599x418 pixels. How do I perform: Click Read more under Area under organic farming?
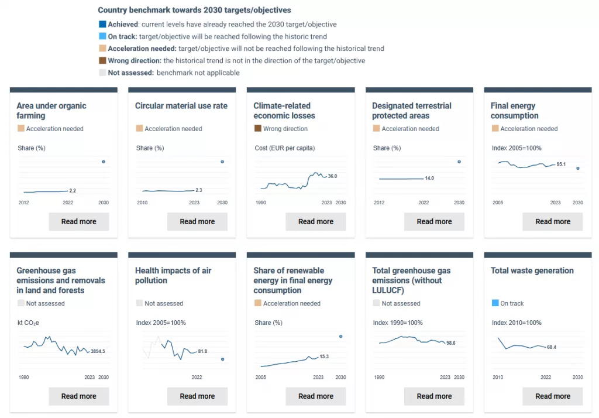[79, 222]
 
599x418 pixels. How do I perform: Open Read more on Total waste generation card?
[553, 396]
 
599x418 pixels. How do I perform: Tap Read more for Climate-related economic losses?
[316, 222]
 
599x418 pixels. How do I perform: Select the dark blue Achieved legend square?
[102, 25]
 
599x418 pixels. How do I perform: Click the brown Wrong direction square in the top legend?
[102, 61]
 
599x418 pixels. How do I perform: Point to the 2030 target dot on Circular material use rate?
[222, 162]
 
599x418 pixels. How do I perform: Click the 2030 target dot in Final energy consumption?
[577, 169]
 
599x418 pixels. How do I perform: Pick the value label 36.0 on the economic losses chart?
[332, 176]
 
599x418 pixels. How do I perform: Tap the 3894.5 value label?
[98, 351]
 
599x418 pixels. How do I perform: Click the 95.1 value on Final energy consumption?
[561, 165]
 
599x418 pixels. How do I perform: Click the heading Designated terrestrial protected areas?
[412, 111]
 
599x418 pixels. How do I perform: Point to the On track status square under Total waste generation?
[495, 303]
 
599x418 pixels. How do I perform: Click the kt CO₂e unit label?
[29, 323]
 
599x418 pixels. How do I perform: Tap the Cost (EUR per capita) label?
[285, 148]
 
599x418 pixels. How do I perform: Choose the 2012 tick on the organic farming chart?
[24, 203]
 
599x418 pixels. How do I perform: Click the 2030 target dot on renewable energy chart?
[341, 336]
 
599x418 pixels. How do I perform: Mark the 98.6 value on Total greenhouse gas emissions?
[450, 343]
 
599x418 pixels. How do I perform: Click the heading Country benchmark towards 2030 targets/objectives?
[194, 11]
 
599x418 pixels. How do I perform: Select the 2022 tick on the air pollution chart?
[197, 377]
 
